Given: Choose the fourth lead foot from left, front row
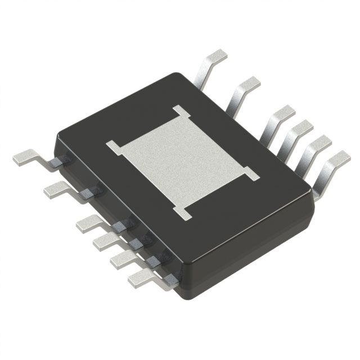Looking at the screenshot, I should point(103,241).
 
